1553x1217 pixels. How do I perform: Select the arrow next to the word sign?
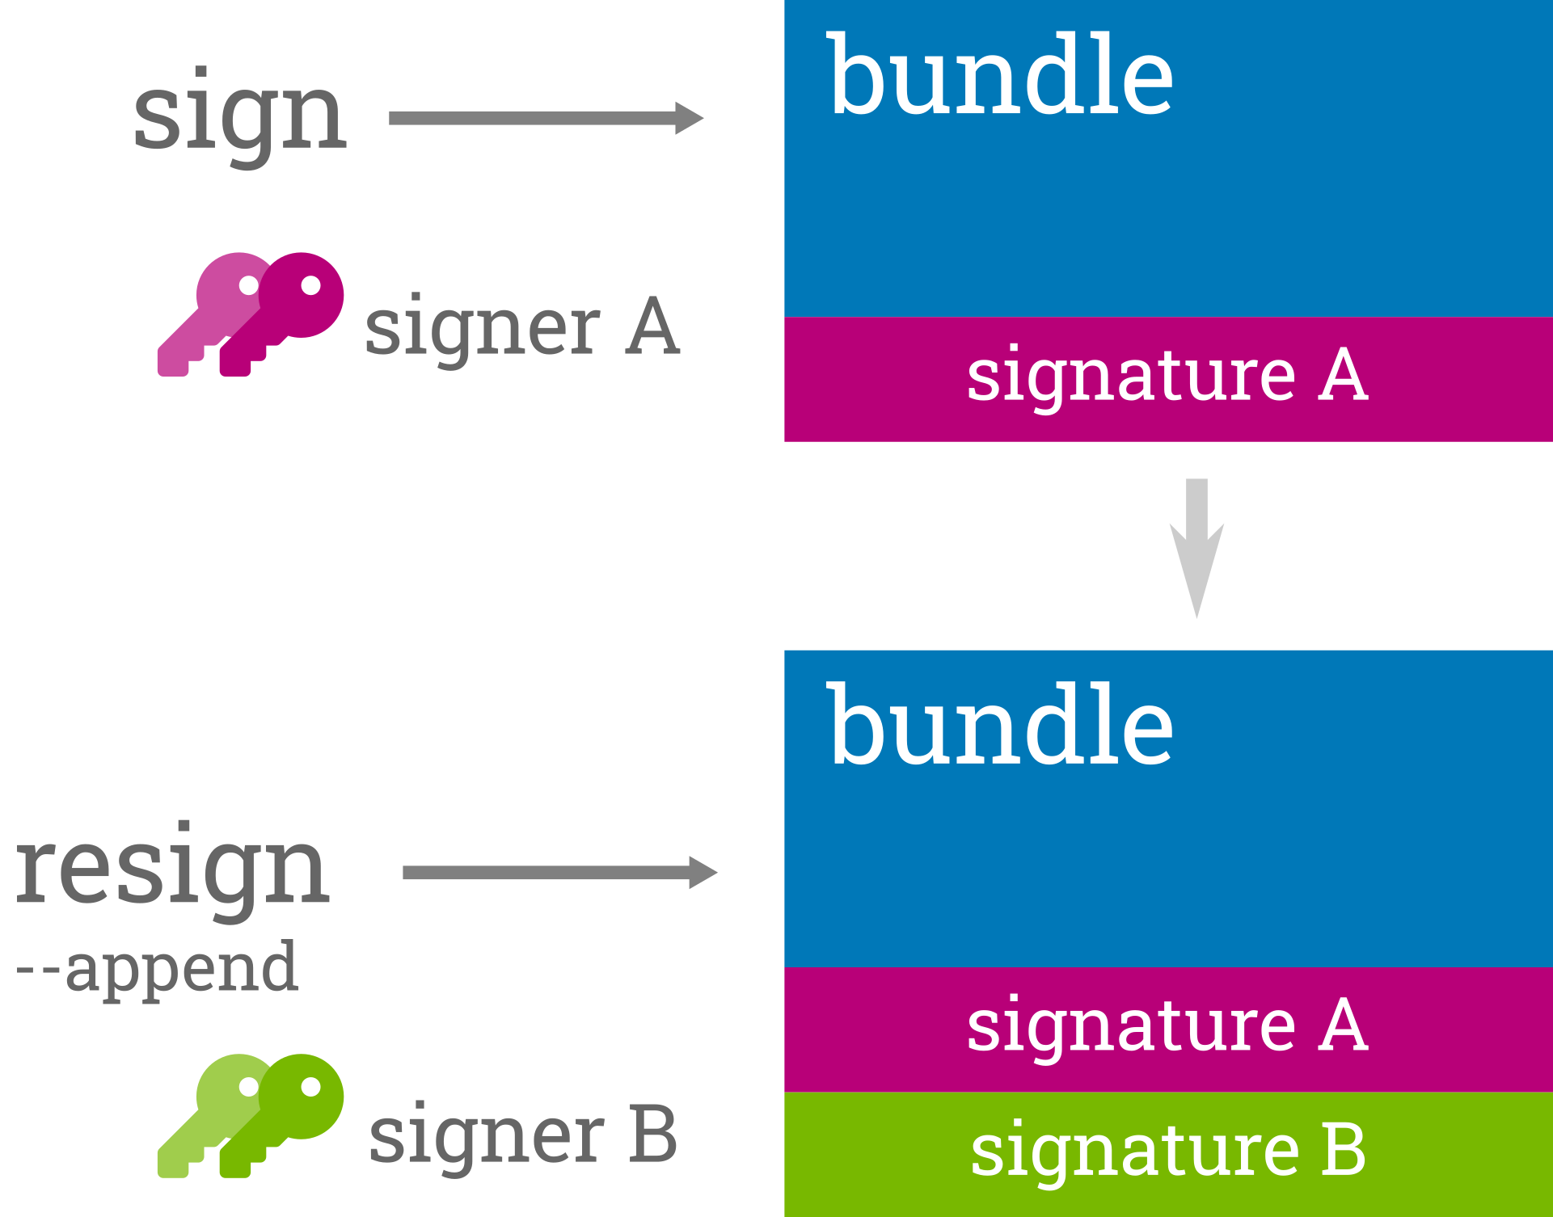click(x=546, y=118)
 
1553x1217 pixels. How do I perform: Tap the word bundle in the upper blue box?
click(x=999, y=77)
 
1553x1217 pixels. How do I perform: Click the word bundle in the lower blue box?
click(x=999, y=725)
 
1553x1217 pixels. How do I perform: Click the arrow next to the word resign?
click(x=559, y=872)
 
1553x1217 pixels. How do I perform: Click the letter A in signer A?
click(x=652, y=326)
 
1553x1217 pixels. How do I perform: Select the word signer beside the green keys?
click(x=486, y=1135)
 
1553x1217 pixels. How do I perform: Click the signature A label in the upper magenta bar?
click(x=1167, y=375)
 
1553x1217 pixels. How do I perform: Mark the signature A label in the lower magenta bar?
click(x=1167, y=1025)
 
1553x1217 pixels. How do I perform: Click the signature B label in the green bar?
click(x=1167, y=1150)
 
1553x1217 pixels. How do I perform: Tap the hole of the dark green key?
click(x=310, y=1088)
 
